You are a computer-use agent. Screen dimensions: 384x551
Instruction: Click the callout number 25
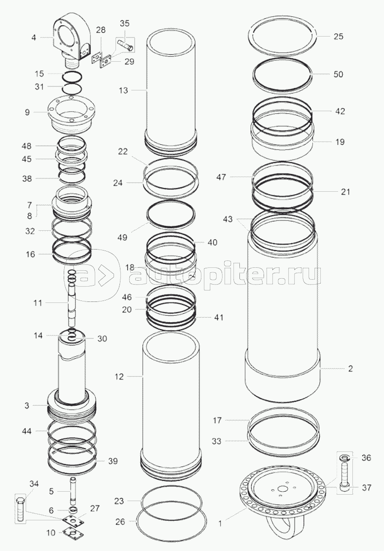pyautogui.click(x=339, y=37)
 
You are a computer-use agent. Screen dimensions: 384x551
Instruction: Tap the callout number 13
pyautogui.click(x=123, y=90)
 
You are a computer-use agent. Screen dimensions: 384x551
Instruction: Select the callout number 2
pyautogui.click(x=350, y=369)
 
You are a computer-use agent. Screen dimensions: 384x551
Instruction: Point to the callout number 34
pyautogui.click(x=34, y=484)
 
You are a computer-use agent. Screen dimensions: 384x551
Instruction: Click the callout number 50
pyautogui.click(x=339, y=75)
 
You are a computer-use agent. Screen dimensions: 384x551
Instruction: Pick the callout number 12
pyautogui.click(x=119, y=377)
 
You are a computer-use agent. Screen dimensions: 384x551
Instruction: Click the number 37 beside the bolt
pyautogui.click(x=366, y=488)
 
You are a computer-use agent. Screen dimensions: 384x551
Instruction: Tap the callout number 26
pyautogui.click(x=120, y=522)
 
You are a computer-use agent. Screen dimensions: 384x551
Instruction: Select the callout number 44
pyautogui.click(x=27, y=431)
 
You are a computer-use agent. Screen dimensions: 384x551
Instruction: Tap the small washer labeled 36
pyautogui.click(x=344, y=458)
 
